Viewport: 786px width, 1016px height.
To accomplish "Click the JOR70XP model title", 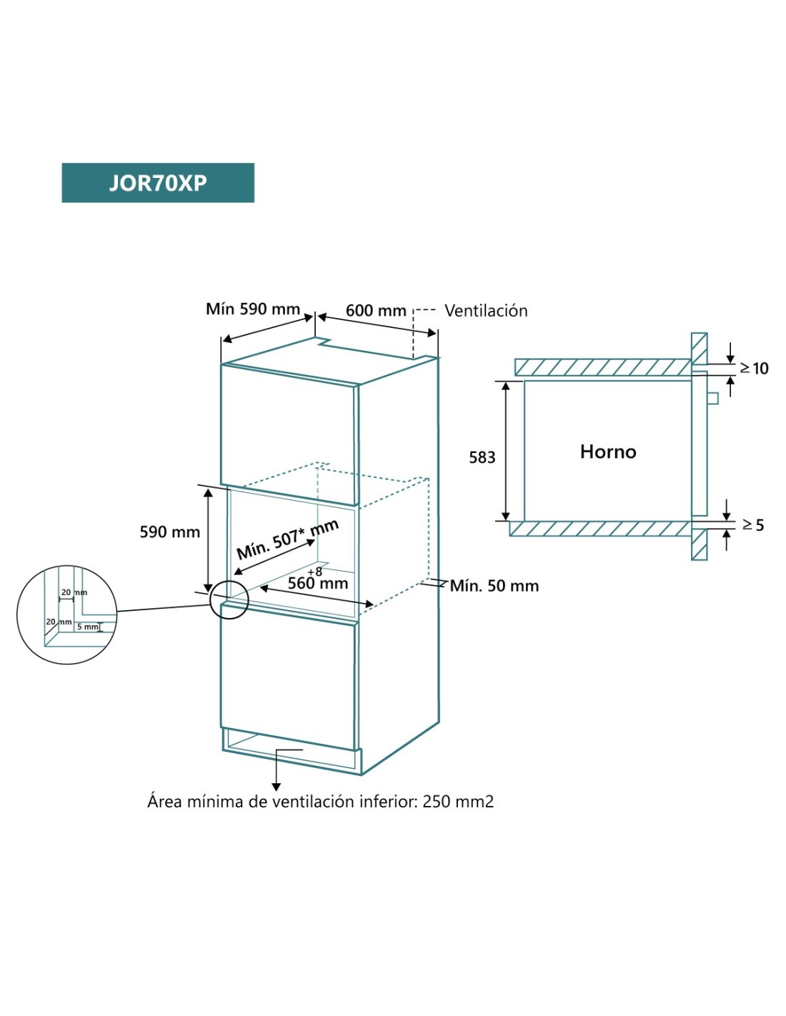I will click(x=158, y=183).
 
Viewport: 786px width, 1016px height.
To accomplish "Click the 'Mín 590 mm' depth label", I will click(x=252, y=309).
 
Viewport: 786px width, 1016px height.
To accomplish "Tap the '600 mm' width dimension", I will click(x=376, y=311).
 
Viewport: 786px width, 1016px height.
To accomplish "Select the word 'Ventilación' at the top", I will click(x=486, y=311).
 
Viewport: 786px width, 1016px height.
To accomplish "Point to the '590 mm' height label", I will click(x=169, y=532).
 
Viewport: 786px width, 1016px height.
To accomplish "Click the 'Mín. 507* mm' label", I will click(x=287, y=539).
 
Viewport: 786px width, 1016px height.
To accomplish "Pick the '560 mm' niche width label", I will click(x=318, y=584).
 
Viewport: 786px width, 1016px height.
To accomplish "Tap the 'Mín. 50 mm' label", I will click(x=494, y=586).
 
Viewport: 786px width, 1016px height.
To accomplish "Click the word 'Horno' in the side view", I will click(x=608, y=452).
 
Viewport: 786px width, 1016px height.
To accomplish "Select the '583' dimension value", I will click(x=482, y=457).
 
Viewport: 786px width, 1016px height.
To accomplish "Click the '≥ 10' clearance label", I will click(x=754, y=369).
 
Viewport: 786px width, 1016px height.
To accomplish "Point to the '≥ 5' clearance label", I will click(x=753, y=525).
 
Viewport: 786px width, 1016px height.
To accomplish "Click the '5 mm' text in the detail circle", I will click(x=88, y=627).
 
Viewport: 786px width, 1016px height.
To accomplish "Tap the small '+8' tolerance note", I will click(x=315, y=572).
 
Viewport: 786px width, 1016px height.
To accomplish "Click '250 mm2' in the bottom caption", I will click(x=458, y=802).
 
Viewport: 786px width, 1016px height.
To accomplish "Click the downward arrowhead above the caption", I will click(x=277, y=787).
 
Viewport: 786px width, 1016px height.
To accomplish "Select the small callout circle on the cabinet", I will click(x=229, y=599).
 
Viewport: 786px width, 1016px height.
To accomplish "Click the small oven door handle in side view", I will click(x=712, y=398).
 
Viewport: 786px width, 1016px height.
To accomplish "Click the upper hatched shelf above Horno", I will click(x=602, y=367).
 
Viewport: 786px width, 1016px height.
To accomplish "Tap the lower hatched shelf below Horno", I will click(x=600, y=529).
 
